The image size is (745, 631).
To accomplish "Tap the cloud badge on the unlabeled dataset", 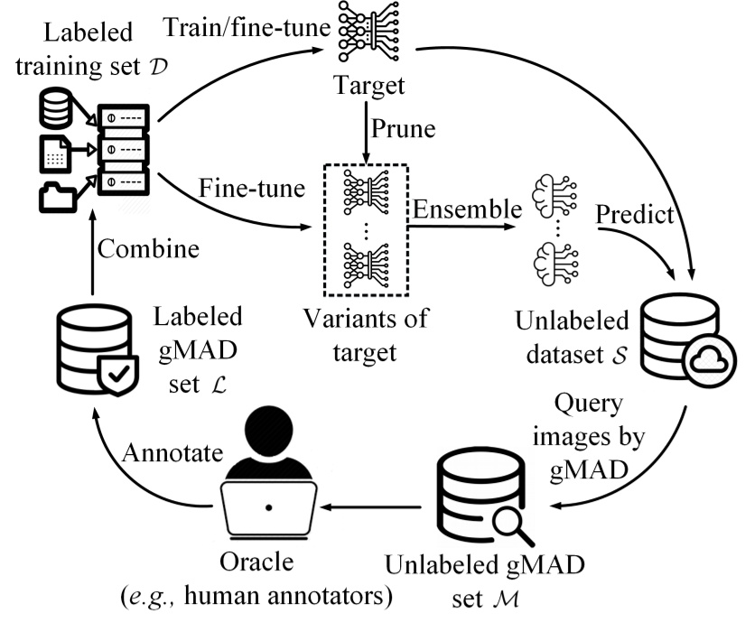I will click(703, 358).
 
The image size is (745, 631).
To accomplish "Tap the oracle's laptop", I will click(267, 509).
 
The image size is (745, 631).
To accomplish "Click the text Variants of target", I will click(364, 335).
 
